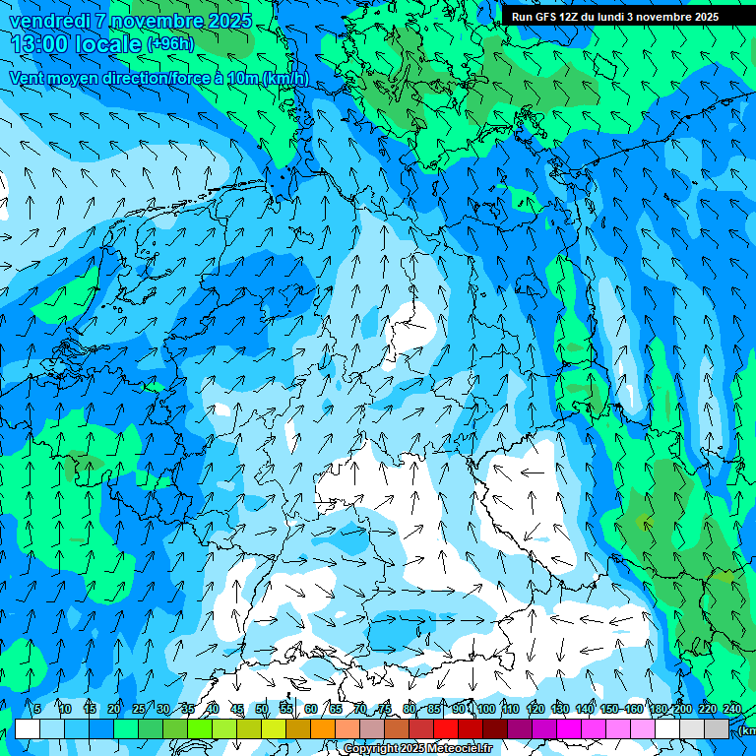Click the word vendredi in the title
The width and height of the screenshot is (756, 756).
(50, 21)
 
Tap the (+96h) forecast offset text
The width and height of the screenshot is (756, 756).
(169, 44)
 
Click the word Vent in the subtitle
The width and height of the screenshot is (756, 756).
(28, 78)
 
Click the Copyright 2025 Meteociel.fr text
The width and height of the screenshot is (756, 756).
(416, 749)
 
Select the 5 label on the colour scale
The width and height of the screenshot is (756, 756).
(37, 709)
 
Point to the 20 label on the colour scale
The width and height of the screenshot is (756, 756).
(114, 709)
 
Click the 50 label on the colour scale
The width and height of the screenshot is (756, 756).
(262, 709)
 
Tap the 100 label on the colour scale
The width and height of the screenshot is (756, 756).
(485, 709)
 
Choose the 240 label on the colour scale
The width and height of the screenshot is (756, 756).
(731, 709)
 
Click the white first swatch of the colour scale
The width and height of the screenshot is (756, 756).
(28, 728)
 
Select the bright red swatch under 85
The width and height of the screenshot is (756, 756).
(446, 728)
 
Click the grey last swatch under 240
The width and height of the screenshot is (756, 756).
(717, 728)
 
